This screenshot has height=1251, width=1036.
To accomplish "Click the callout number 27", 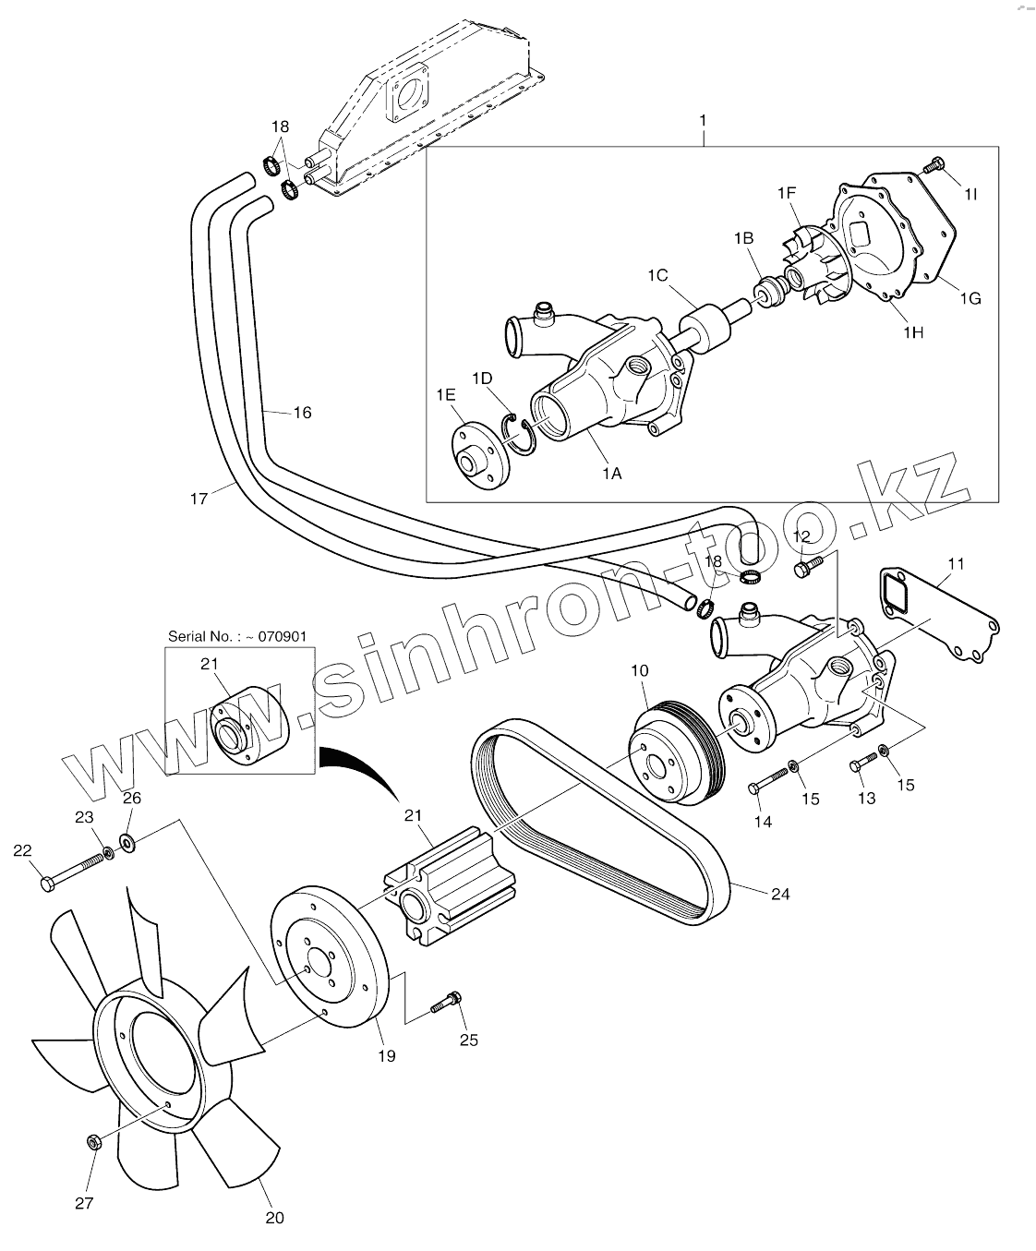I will point(84,1204).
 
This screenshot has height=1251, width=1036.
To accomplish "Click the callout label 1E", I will point(446,394).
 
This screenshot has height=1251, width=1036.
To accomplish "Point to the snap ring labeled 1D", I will point(520,435).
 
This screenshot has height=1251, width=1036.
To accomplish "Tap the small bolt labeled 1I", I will point(934,167).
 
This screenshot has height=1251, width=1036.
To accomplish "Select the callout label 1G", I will point(970,298).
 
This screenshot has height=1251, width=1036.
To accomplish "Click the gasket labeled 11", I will point(935,613).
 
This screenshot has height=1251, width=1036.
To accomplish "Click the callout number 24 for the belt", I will point(780,894).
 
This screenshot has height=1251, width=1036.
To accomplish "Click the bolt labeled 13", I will point(864,764).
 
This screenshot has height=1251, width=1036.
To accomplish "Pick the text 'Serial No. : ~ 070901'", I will point(236,636).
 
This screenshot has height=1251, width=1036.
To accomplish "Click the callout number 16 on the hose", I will point(302,413).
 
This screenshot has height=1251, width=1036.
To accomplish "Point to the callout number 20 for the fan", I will point(274,1218).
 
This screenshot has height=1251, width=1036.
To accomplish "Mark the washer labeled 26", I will point(127,841).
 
